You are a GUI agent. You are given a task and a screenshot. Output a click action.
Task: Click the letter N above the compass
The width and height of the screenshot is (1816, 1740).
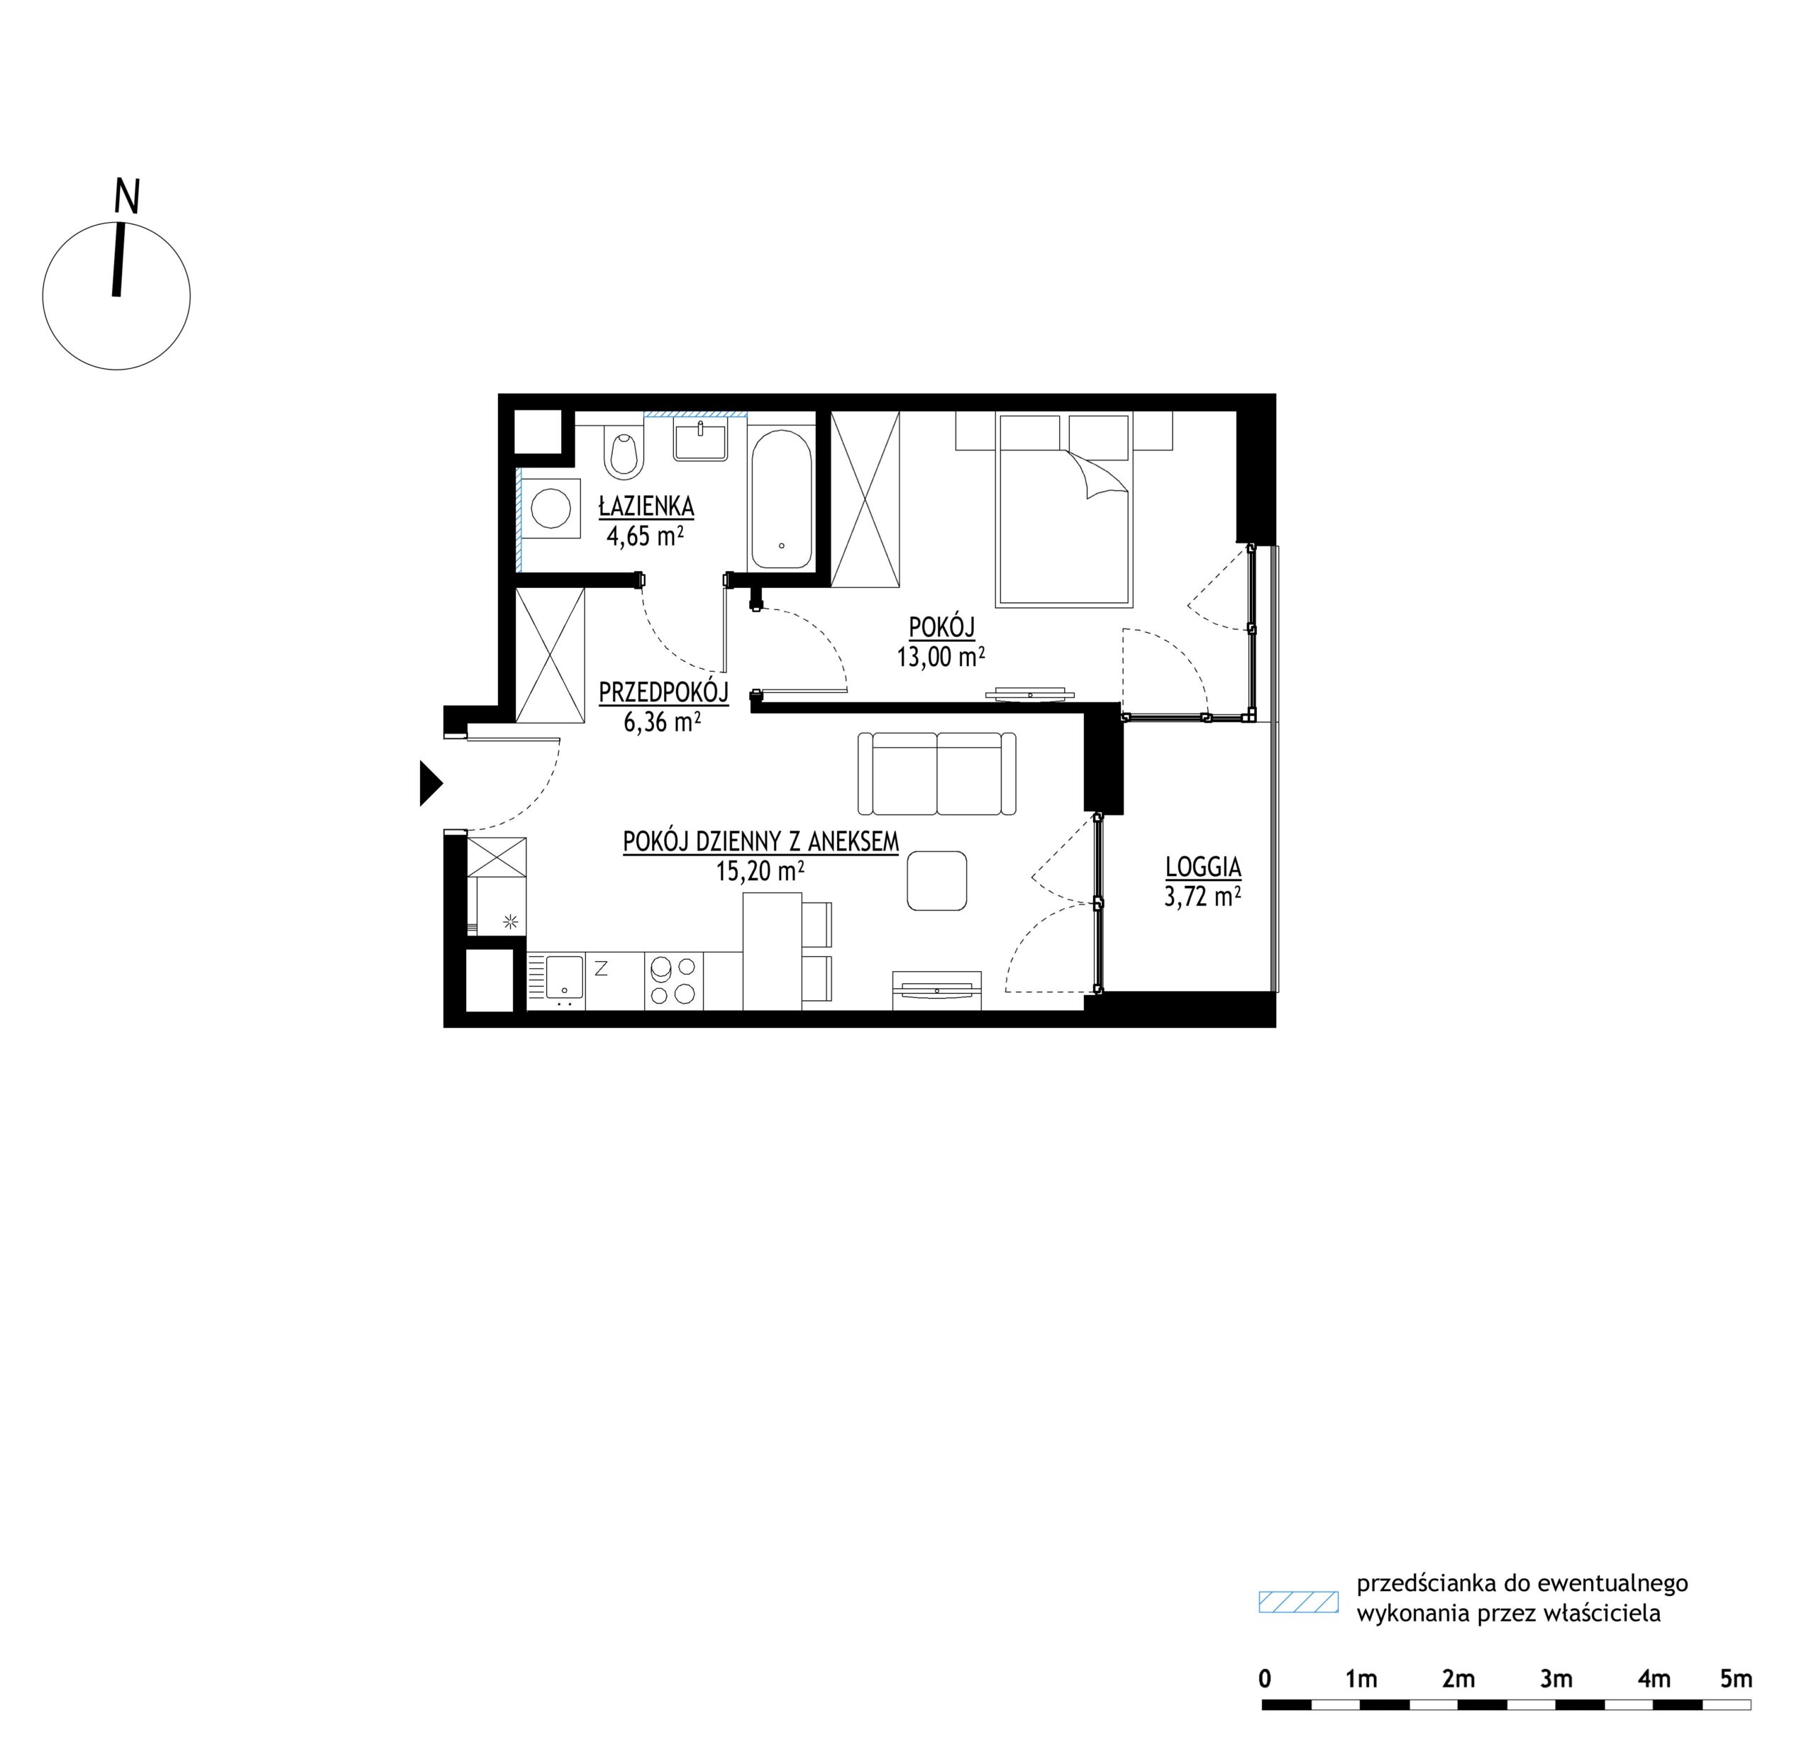tap(127, 196)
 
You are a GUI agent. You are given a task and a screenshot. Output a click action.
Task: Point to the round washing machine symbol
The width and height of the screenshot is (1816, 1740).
tap(551, 509)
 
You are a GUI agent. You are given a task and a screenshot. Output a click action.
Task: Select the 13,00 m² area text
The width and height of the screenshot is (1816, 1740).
tap(941, 658)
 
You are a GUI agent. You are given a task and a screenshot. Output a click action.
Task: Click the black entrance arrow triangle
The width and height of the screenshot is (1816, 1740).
tap(430, 783)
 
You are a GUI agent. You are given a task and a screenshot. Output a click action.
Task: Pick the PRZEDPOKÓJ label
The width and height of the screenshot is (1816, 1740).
tap(663, 692)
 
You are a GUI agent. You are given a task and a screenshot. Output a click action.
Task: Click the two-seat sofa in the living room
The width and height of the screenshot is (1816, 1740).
tap(936, 774)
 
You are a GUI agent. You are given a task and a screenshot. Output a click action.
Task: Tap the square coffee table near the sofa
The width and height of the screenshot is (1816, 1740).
tap(936, 881)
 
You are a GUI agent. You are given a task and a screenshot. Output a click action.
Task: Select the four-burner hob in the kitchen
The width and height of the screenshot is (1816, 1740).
tap(674, 980)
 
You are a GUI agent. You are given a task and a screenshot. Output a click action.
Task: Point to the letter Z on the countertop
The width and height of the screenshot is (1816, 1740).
tap(600, 969)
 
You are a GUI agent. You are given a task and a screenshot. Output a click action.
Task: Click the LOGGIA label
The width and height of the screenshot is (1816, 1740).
tap(1202, 868)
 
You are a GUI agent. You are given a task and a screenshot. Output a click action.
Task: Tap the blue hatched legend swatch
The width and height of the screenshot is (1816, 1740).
tap(1298, 1602)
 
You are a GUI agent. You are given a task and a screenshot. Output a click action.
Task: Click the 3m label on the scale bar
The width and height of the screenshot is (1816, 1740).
tap(1556, 1679)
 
